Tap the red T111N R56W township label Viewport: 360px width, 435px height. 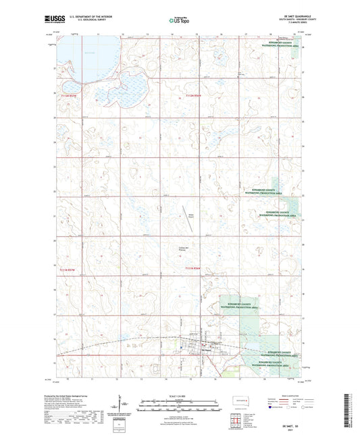click(x=193, y=269)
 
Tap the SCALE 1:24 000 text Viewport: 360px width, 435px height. click(x=180, y=396)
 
